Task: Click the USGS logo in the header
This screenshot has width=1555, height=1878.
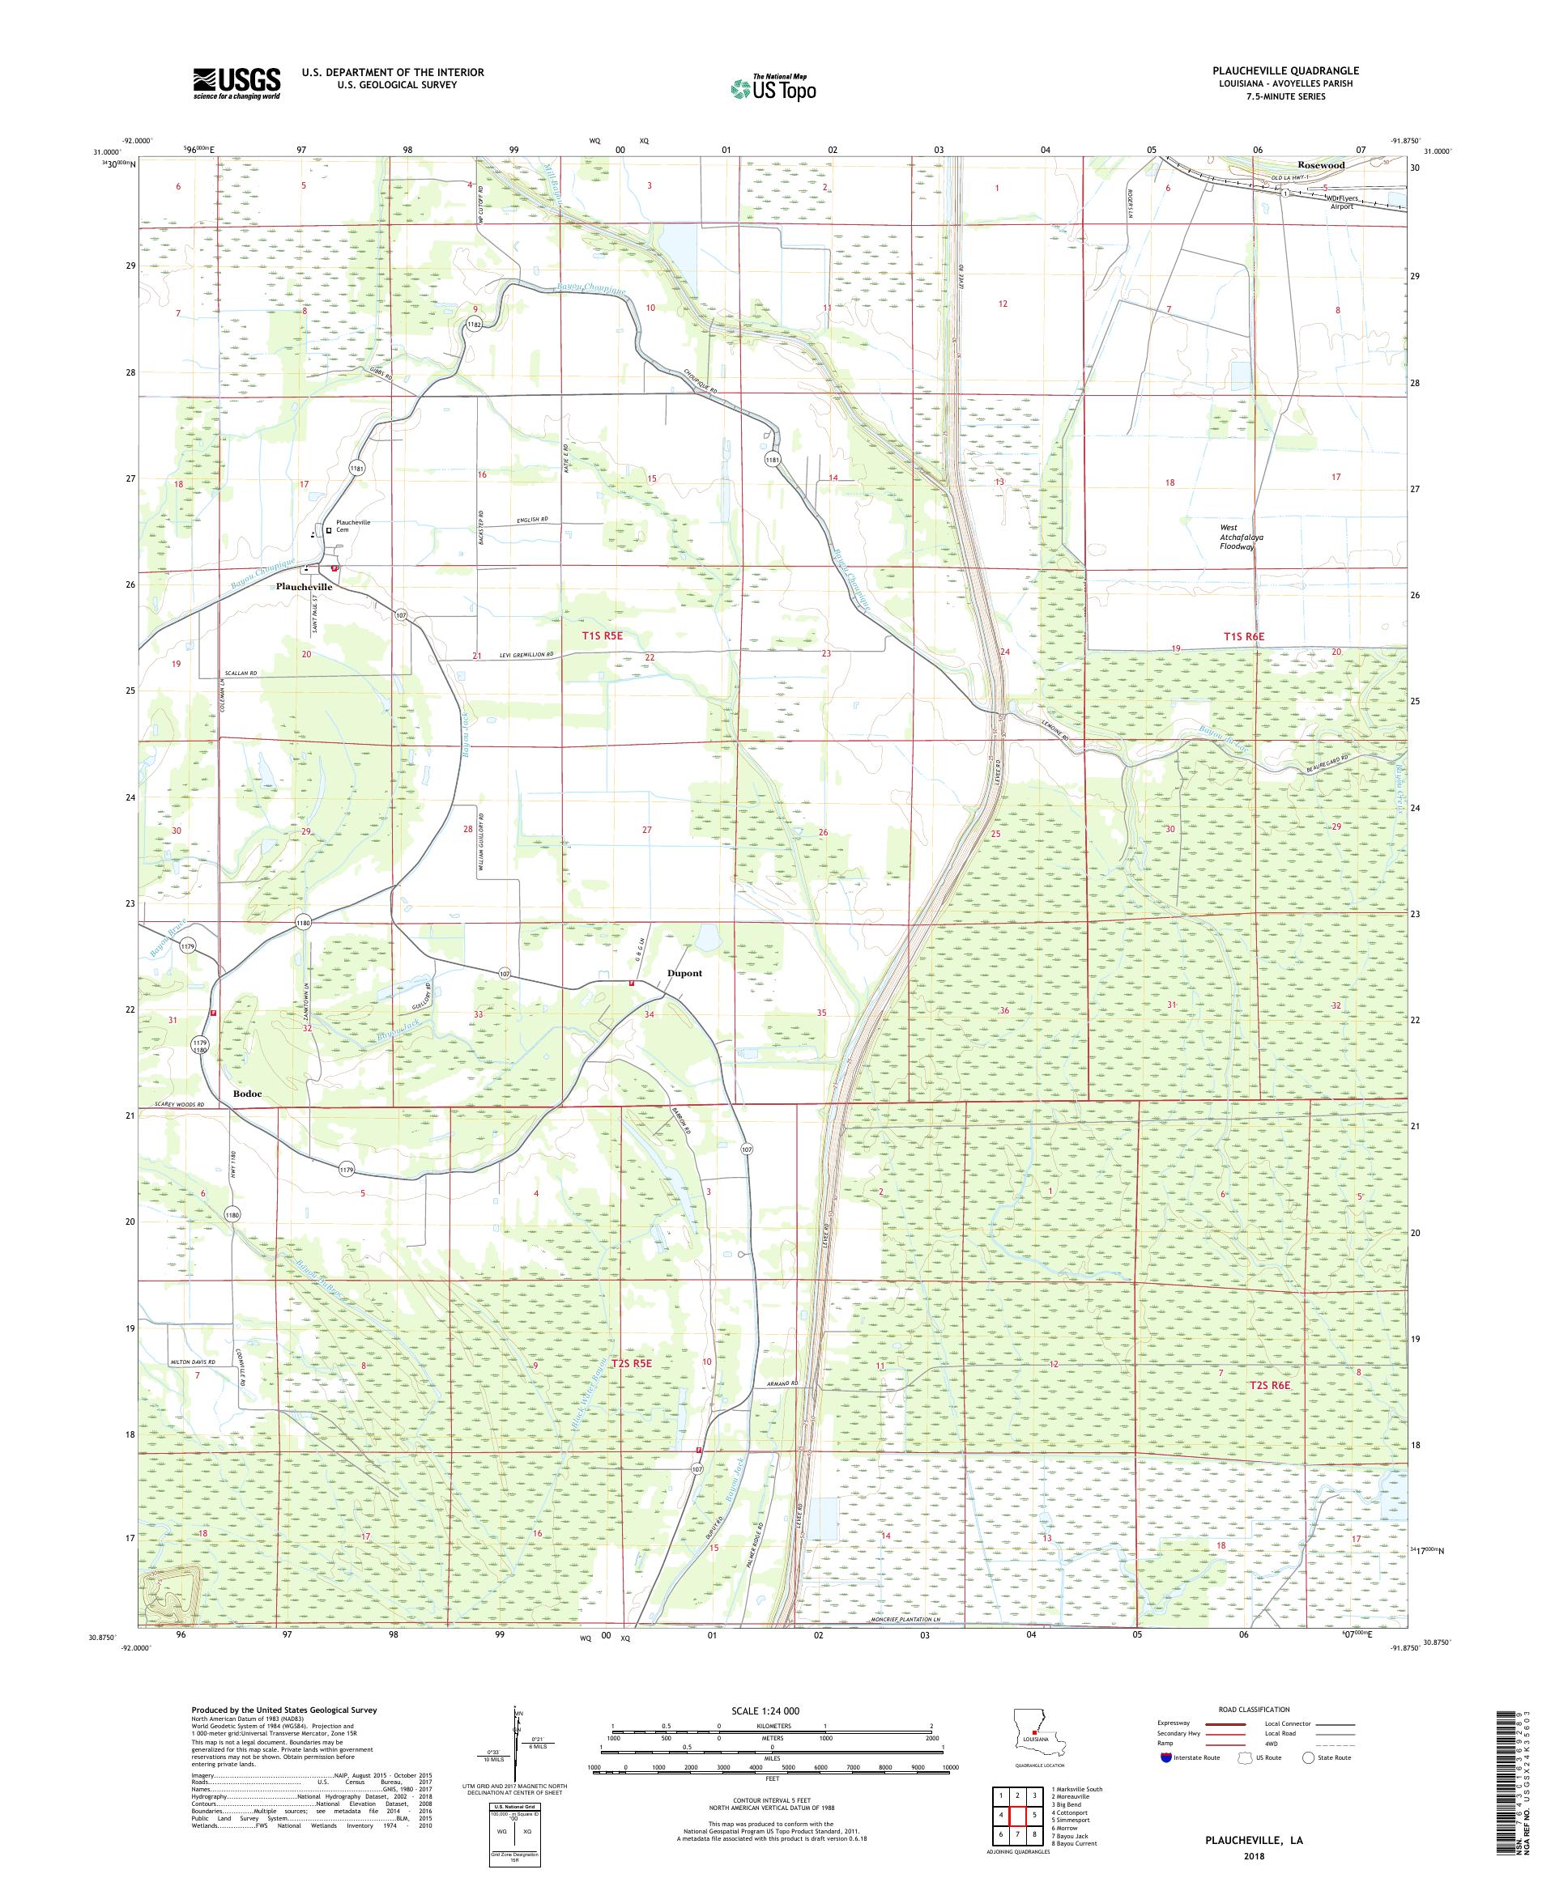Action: point(236,84)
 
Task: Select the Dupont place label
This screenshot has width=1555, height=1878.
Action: point(684,973)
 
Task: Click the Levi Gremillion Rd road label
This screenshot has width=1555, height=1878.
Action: point(520,655)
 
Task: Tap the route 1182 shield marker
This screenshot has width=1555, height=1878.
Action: point(475,325)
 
